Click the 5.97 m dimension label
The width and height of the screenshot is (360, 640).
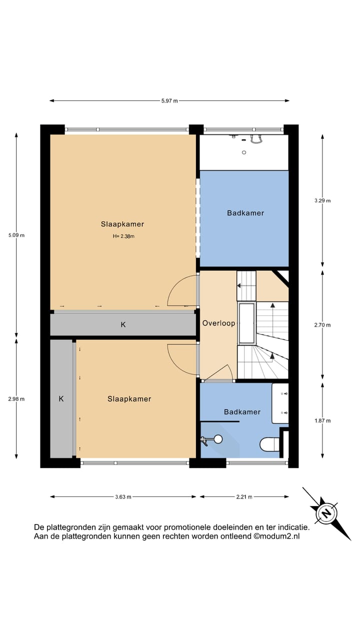click(169, 101)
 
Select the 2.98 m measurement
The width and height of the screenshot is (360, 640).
click(16, 399)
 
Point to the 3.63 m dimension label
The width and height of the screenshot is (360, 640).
click(123, 497)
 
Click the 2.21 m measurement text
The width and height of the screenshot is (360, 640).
click(244, 497)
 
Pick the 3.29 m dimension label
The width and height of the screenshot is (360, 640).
click(322, 200)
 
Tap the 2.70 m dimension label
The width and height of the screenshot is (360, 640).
click(322, 325)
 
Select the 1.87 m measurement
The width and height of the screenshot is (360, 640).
click(322, 421)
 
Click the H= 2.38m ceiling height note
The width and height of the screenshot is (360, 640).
click(123, 236)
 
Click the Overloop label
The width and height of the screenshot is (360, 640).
click(218, 323)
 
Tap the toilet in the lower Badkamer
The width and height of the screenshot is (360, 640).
click(270, 443)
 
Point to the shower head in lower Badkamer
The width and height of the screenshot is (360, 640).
click(217, 439)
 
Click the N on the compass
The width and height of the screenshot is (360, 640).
click(326, 513)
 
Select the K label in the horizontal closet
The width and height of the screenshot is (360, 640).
click(123, 325)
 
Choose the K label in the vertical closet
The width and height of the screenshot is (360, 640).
click(61, 399)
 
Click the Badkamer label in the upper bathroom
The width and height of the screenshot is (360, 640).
click(245, 213)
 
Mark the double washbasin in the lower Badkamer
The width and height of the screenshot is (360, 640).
click(280, 403)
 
